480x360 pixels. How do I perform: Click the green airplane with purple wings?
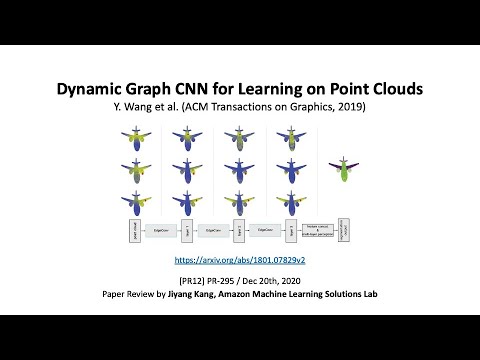(x=344, y=168)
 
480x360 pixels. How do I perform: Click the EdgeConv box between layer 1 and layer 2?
(x=212, y=230)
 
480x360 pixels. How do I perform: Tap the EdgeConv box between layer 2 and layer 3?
(x=264, y=230)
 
